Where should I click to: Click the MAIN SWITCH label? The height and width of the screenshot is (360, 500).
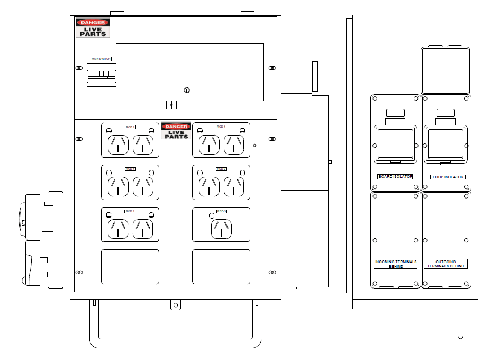click(x=101, y=59)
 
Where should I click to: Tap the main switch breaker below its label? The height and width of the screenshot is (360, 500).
click(x=101, y=75)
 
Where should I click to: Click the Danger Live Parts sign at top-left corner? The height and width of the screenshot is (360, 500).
click(x=93, y=28)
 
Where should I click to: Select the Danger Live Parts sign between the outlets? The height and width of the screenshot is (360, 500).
click(x=176, y=131)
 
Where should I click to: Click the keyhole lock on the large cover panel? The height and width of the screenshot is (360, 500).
click(x=186, y=91)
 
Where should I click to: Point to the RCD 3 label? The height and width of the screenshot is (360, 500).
click(x=221, y=211)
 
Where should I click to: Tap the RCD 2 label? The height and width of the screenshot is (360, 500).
click(x=221, y=169)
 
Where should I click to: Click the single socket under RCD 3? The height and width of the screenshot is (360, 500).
click(x=221, y=229)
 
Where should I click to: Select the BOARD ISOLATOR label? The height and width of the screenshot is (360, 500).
click(x=395, y=177)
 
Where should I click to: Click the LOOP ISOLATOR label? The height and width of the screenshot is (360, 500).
click(x=448, y=177)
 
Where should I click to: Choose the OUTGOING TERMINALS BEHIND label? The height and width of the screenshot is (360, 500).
click(x=446, y=264)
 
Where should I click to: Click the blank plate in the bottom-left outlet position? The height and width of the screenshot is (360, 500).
click(x=130, y=267)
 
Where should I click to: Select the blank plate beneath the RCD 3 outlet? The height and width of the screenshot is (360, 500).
click(x=221, y=267)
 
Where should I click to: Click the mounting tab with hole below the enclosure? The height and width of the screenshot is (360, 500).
click(x=175, y=305)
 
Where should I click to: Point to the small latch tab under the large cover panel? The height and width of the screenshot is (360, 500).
click(x=171, y=105)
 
